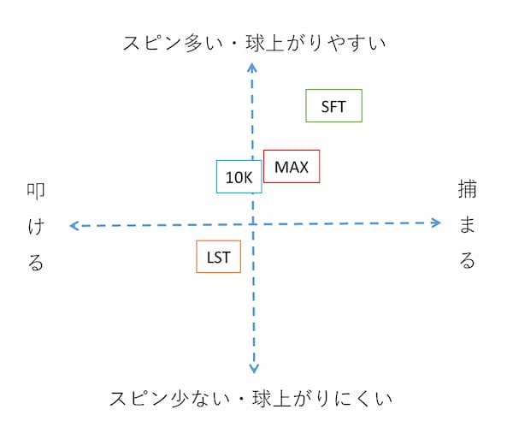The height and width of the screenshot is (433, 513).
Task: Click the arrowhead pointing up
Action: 251,67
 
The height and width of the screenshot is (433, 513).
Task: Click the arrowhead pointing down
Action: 254,369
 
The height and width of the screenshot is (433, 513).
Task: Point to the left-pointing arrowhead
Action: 74,226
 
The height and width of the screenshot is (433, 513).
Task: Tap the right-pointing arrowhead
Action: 436,223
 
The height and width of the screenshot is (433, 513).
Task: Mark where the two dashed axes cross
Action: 252,224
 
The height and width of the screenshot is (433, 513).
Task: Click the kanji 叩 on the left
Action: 36,191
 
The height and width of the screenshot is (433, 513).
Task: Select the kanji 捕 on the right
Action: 467,189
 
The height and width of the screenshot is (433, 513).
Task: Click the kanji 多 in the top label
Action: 193,43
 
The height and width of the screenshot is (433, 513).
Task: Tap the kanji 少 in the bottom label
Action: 180,398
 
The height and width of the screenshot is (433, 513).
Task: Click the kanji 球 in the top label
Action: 255,43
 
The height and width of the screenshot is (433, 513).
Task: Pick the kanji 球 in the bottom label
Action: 262,398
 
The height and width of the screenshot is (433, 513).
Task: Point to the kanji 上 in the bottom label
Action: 281,399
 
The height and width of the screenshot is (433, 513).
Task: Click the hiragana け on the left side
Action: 36,227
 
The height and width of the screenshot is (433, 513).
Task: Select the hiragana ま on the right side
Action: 467,225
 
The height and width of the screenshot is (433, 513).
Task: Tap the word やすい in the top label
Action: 357,44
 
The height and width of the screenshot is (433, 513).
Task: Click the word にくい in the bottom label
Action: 363,399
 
